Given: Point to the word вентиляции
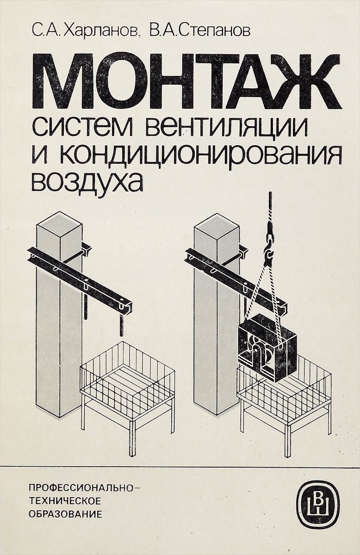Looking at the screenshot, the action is [226, 129].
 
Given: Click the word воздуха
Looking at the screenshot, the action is [87, 182].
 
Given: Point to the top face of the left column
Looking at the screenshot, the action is [60, 225].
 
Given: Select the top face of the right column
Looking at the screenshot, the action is [217, 227].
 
